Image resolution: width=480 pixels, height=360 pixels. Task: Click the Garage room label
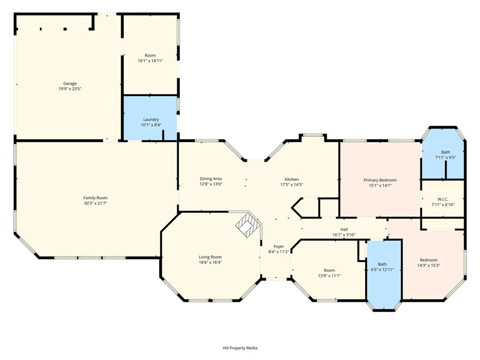[70, 83]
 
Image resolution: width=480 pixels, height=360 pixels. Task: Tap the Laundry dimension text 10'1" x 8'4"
[151, 125]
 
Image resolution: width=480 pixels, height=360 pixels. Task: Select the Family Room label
[96, 198]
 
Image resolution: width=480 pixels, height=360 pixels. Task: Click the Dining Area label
[210, 179]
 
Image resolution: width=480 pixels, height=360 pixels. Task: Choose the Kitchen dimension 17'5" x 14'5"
[292, 185]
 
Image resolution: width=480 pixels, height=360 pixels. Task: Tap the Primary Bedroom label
[380, 180]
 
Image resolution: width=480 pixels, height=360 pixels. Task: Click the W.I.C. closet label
[442, 199]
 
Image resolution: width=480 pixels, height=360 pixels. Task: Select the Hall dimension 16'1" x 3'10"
[344, 235]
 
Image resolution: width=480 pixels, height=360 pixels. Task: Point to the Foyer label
[278, 247]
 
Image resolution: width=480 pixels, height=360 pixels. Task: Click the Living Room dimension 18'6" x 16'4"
[210, 262]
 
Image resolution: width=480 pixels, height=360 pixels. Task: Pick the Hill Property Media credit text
[240, 348]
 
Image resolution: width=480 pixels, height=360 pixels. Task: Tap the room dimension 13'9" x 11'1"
[329, 276]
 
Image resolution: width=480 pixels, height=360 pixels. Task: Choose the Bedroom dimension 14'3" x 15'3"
[428, 265]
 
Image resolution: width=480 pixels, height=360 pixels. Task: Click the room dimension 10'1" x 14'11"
[150, 61]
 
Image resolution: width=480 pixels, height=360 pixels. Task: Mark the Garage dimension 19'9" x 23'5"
[70, 89]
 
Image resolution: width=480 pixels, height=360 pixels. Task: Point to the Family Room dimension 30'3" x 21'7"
[96, 203]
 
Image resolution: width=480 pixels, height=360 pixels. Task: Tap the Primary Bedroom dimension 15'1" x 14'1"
[380, 186]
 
